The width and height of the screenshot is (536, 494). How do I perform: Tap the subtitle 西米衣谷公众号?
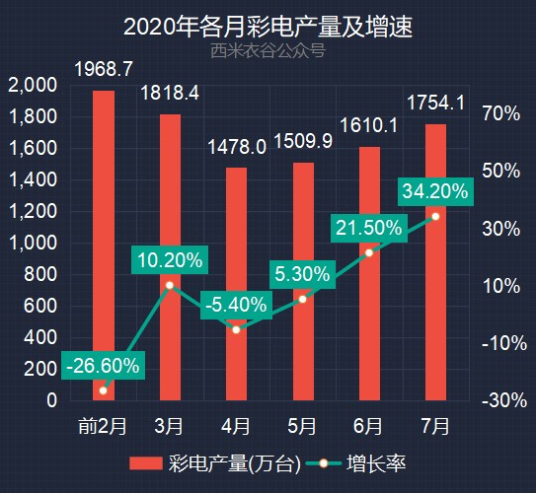(x=268, y=50)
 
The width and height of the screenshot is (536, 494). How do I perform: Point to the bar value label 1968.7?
(x=104, y=69)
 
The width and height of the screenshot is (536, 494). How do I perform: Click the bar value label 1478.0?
(x=236, y=147)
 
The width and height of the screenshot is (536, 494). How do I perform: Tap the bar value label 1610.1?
(x=368, y=126)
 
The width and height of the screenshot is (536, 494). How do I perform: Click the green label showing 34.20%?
(x=435, y=191)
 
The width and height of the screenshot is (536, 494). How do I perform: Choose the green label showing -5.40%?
(x=236, y=305)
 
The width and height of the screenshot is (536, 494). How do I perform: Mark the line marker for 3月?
(x=170, y=285)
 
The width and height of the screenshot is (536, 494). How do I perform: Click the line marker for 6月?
(x=369, y=252)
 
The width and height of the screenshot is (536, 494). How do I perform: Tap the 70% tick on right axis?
(x=500, y=114)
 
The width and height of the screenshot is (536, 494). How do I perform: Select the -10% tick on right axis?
(x=500, y=343)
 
